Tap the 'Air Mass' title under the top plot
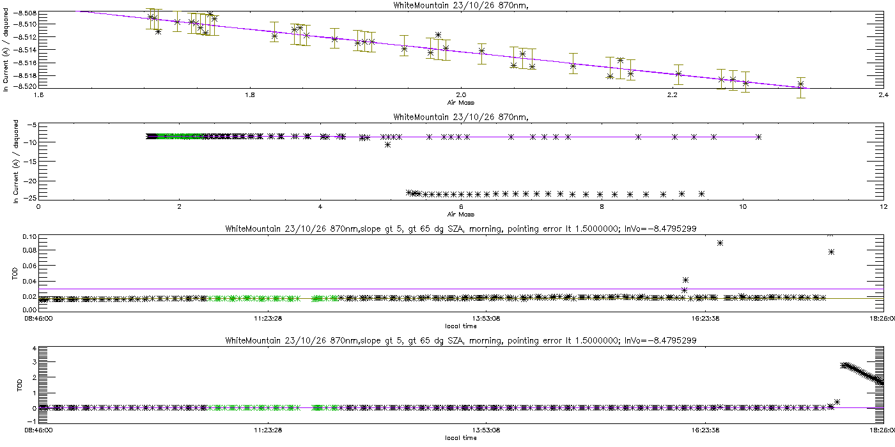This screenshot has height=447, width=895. point(461,102)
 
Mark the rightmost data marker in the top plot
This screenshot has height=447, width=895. point(800,84)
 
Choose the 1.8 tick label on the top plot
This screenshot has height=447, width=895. point(250,95)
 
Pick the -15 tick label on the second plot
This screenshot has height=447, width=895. point(29,162)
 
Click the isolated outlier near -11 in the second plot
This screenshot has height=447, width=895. point(387,145)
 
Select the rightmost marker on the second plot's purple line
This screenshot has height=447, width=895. point(758,137)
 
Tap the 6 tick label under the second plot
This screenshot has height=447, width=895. point(461,206)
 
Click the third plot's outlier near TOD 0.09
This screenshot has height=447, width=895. point(720,243)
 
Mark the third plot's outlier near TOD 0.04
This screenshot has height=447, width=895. point(685,280)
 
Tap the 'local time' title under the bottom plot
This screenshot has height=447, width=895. point(461,438)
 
